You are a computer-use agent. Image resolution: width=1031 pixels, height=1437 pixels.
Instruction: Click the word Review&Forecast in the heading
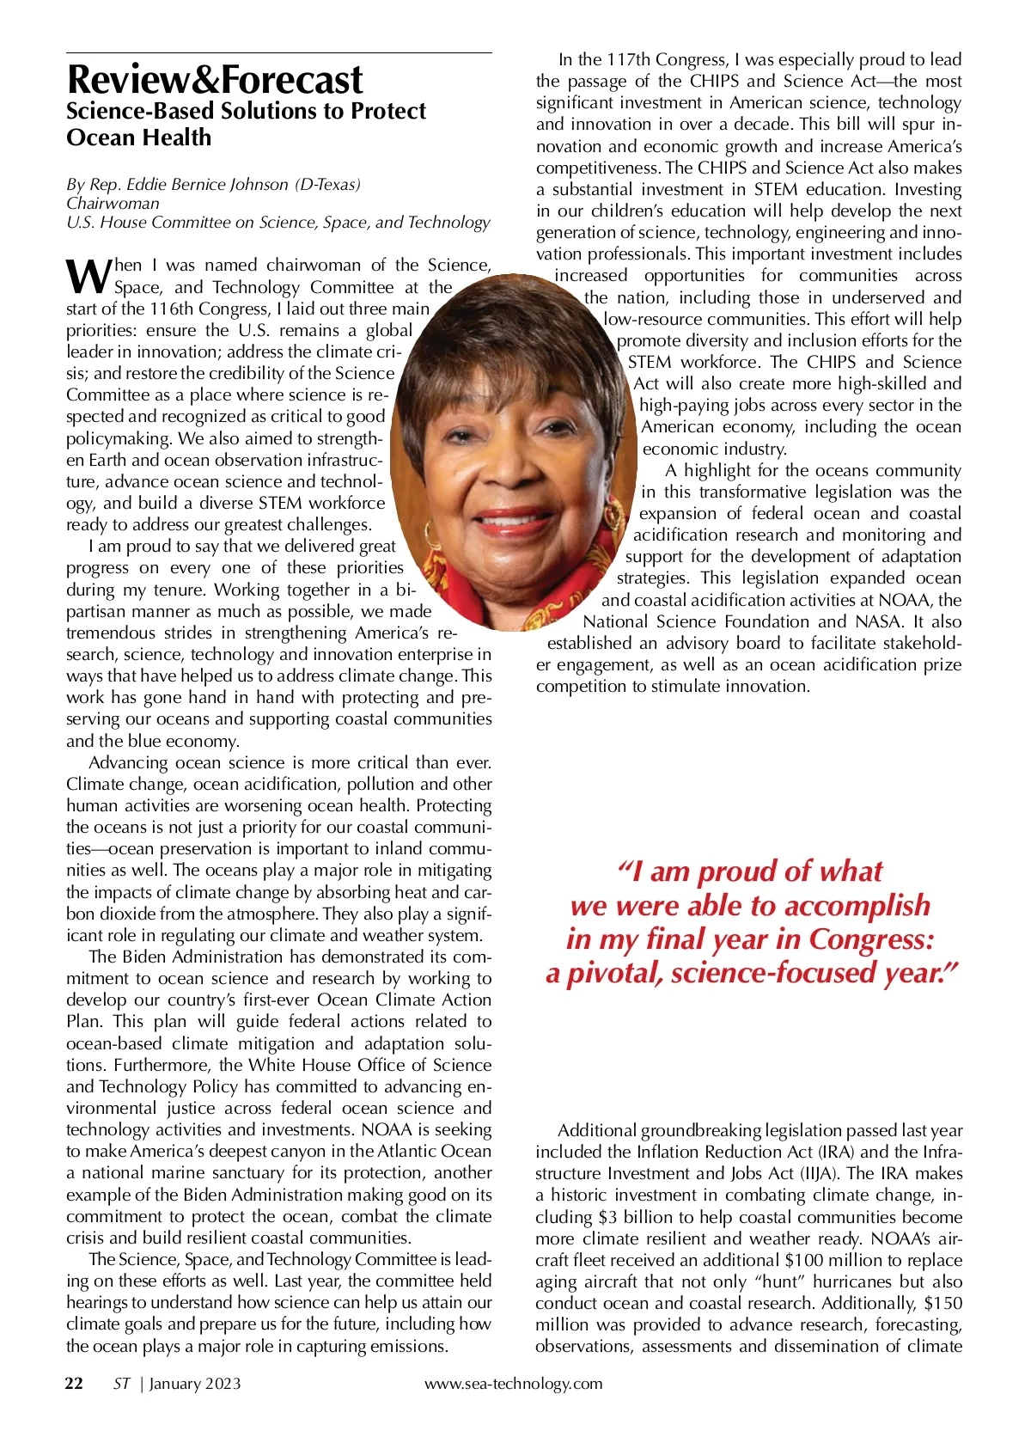pos(215,80)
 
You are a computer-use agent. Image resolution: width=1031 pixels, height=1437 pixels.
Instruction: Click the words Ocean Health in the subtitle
pos(138,138)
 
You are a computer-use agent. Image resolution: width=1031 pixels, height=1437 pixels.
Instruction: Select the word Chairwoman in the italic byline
pos(113,204)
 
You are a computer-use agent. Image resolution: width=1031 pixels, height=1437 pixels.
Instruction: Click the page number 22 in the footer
pos(75,1384)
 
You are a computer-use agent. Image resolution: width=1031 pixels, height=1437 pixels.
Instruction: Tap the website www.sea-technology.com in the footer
pos(513,1384)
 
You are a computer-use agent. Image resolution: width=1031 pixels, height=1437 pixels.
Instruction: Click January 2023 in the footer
pos(195,1384)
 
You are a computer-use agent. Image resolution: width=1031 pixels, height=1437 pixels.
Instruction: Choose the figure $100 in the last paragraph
pos(807,1261)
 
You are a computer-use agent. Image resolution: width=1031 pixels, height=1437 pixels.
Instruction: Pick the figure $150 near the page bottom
pos(943,1304)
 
